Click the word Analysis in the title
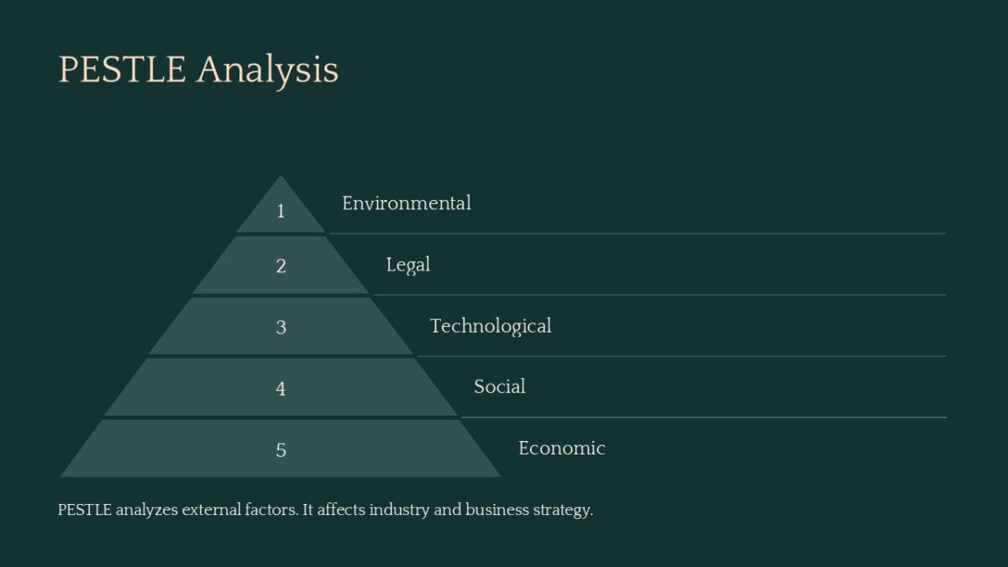[x=267, y=70]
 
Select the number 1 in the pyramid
[x=281, y=211]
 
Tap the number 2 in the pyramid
[x=281, y=266]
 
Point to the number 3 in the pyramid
[x=281, y=327]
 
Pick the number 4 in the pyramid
[x=281, y=388]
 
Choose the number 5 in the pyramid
[x=281, y=449]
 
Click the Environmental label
[x=407, y=203]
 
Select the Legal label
[x=408, y=265]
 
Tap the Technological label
[x=491, y=326]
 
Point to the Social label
[x=500, y=386]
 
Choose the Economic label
[x=562, y=448]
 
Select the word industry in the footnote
[x=399, y=510]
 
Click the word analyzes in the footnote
[x=146, y=510]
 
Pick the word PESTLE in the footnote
[x=85, y=510]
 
